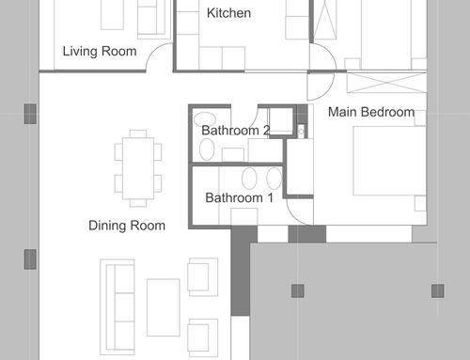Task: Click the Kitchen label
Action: pyautogui.click(x=228, y=13)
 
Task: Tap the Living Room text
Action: pyautogui.click(x=100, y=52)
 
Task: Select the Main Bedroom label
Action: pyautogui.click(x=371, y=112)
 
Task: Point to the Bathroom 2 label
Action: pyautogui.click(x=236, y=131)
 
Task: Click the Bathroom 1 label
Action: pyautogui.click(x=239, y=197)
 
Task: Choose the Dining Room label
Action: pyautogui.click(x=127, y=226)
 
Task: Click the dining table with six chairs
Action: pyautogui.click(x=138, y=168)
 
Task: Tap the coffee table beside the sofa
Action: pyautogui.click(x=164, y=307)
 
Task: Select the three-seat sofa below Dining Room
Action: pyautogui.click(x=117, y=307)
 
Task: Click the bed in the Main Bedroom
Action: pyautogui.click(x=390, y=161)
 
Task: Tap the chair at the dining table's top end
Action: pyautogui.click(x=138, y=133)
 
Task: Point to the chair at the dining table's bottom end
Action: pyautogui.click(x=138, y=203)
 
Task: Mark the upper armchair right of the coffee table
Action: pyautogui.click(x=203, y=277)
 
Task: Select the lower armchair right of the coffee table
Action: pyautogui.click(x=203, y=338)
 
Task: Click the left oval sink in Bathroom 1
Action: pyautogui.click(x=249, y=178)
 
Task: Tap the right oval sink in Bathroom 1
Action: pyautogui.click(x=274, y=178)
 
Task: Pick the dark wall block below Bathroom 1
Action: pyautogui.click(x=241, y=271)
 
